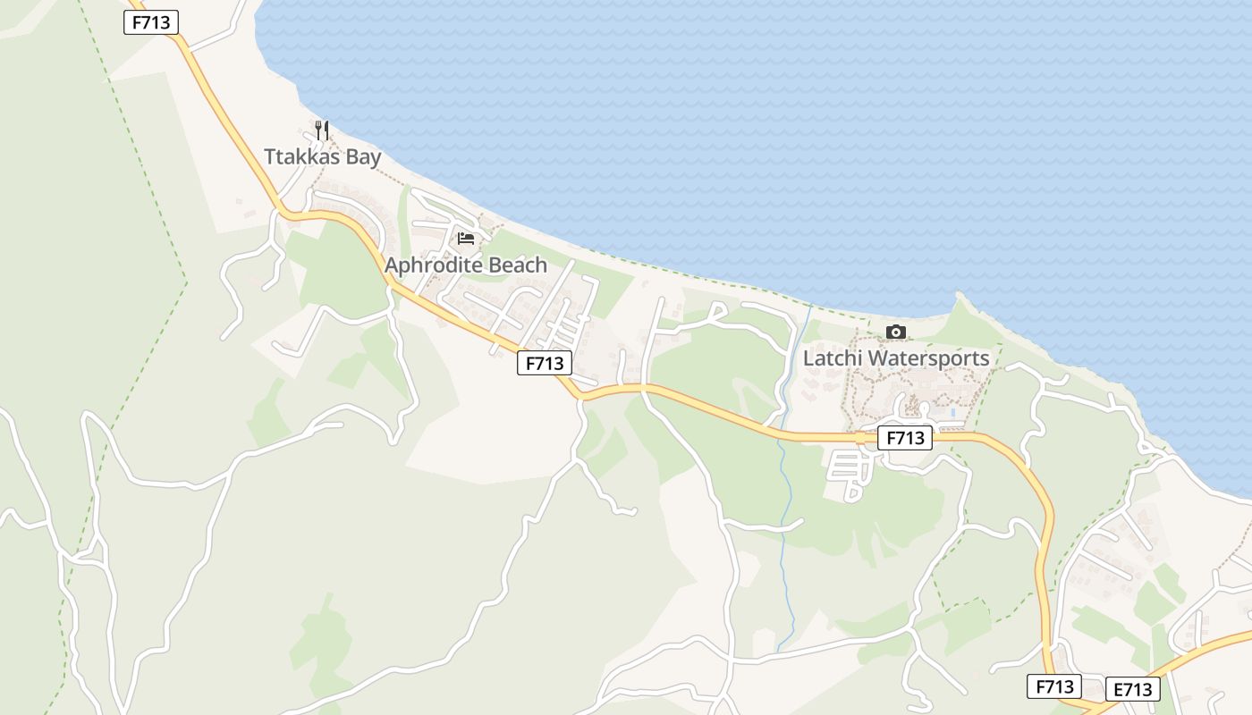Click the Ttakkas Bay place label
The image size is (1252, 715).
tap(323, 157)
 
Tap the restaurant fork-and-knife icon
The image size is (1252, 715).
tap(322, 130)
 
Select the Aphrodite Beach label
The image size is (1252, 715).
tap(466, 265)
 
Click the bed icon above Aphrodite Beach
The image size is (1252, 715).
tap(466, 238)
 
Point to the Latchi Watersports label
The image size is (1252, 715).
tap(896, 358)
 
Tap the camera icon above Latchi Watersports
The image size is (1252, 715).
tap(895, 332)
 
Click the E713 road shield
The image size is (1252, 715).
tap(1133, 689)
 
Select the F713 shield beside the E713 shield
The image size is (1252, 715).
tap(1054, 686)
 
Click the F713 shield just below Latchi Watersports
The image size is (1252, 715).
tap(905, 438)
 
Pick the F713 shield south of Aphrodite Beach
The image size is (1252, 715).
tap(545, 363)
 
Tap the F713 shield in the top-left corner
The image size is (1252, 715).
tap(151, 22)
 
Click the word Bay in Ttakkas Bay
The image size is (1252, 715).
tap(363, 157)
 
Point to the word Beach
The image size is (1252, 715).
tap(518, 265)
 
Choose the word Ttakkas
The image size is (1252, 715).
tap(302, 157)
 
